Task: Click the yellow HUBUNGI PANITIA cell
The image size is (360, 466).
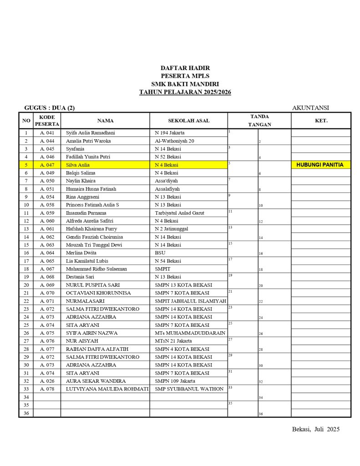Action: click(x=320, y=165)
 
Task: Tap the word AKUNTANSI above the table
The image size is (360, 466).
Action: click(x=310, y=108)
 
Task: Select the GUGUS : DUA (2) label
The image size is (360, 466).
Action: click(x=50, y=108)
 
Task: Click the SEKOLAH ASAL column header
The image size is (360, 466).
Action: click(x=188, y=121)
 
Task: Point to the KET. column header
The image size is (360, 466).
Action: click(x=321, y=121)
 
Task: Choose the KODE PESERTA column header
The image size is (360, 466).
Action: click(x=47, y=121)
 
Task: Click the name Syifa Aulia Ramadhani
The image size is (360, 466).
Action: click(x=91, y=133)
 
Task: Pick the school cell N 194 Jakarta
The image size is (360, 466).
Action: click(x=170, y=133)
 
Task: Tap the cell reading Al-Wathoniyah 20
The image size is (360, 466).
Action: click(x=174, y=141)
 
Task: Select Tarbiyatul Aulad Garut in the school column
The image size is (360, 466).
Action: click(x=179, y=213)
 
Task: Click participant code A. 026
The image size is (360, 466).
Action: click(x=47, y=381)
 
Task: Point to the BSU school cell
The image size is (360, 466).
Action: click(x=160, y=253)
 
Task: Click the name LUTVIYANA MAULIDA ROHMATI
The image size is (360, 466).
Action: click(x=107, y=389)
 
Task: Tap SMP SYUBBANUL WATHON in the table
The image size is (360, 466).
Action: click(x=189, y=389)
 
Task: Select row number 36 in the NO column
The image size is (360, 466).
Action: click(x=26, y=413)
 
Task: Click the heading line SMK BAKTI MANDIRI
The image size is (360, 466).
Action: click(x=185, y=84)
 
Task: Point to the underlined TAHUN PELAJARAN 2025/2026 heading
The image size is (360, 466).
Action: click(x=185, y=92)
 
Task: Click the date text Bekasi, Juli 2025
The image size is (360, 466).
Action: click(x=315, y=429)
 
